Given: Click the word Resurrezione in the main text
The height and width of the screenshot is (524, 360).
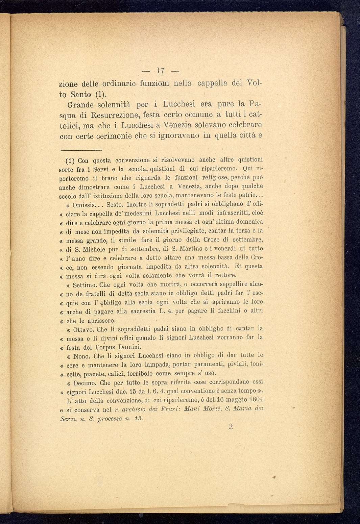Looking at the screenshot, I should click(x=113, y=115).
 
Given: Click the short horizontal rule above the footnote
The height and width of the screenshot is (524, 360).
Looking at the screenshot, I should click(x=81, y=150).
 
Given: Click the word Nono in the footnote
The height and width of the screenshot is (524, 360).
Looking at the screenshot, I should click(x=81, y=356).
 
